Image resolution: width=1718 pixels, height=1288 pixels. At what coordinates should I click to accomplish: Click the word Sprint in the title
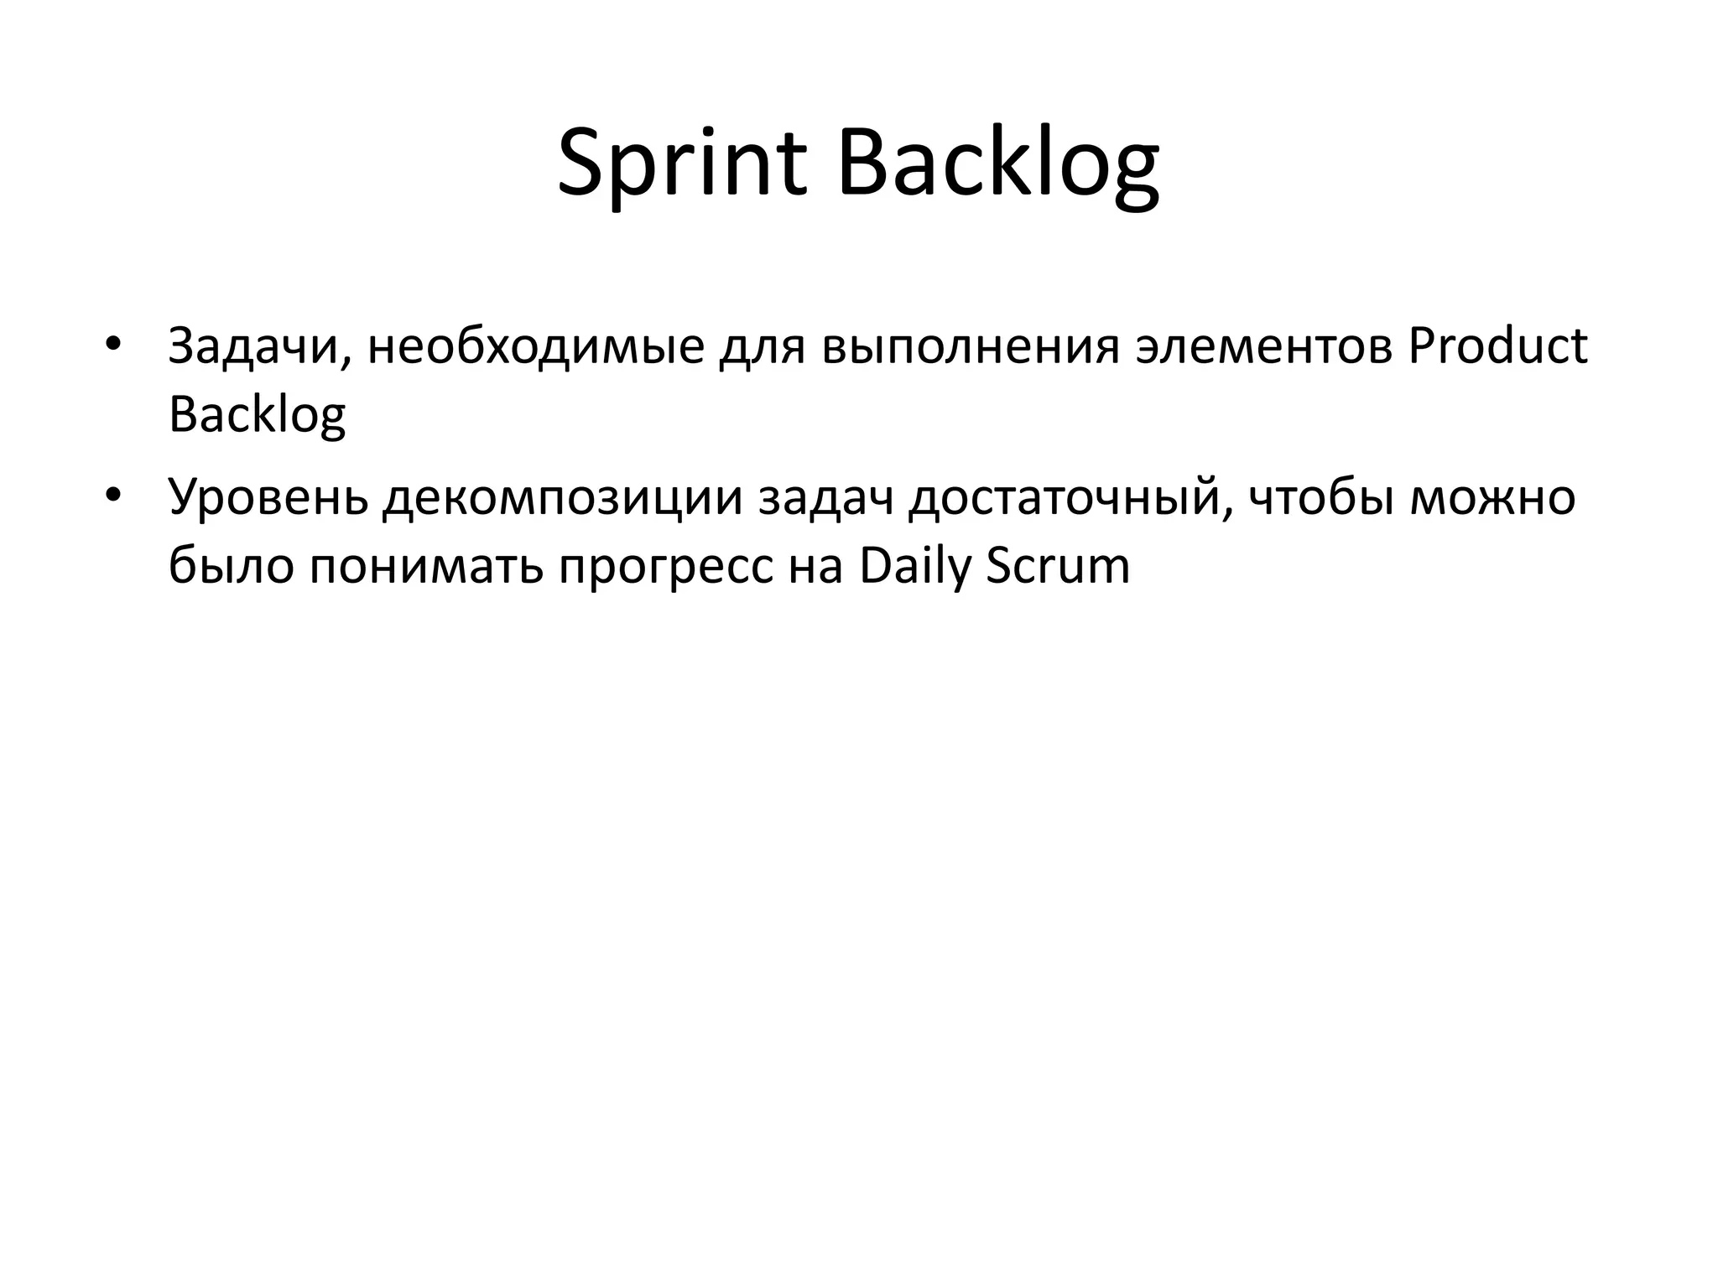coord(681,164)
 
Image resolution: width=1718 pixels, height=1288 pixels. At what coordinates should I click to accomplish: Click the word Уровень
coord(268,497)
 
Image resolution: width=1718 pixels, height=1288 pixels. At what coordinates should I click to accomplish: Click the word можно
coord(1492,497)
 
